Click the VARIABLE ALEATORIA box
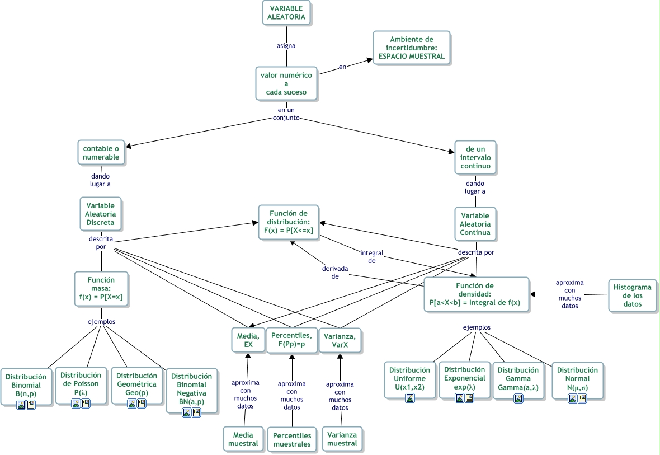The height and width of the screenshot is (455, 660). [x=286, y=12]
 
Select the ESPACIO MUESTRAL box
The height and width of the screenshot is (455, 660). [x=411, y=48]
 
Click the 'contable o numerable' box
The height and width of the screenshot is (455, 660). [x=101, y=153]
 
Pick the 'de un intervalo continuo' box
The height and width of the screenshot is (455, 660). [x=475, y=158]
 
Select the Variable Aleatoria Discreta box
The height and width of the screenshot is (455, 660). [x=101, y=214]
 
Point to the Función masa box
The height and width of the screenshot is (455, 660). [x=101, y=289]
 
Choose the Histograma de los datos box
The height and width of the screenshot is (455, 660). [x=632, y=295]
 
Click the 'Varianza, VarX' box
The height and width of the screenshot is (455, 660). [x=340, y=340]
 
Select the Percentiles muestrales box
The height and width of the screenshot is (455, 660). [x=291, y=439]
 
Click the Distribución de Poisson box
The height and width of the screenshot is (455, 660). [x=81, y=384]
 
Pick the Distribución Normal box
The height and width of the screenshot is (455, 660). [x=577, y=379]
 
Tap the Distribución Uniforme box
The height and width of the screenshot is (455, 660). [x=409, y=379]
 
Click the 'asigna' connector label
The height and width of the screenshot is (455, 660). [x=286, y=45]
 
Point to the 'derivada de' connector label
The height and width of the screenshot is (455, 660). [x=334, y=272]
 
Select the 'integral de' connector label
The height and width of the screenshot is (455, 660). [x=371, y=256]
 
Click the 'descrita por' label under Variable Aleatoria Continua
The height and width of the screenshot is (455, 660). [x=475, y=252]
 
